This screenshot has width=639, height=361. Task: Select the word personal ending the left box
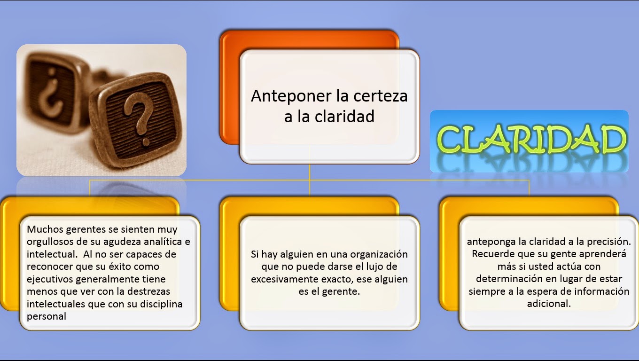(47, 316)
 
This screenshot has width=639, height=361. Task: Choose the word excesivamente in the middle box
(281, 279)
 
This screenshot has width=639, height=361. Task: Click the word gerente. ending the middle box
(343, 291)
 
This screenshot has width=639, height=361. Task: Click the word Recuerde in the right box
(492, 254)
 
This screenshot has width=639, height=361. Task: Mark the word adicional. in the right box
(549, 303)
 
